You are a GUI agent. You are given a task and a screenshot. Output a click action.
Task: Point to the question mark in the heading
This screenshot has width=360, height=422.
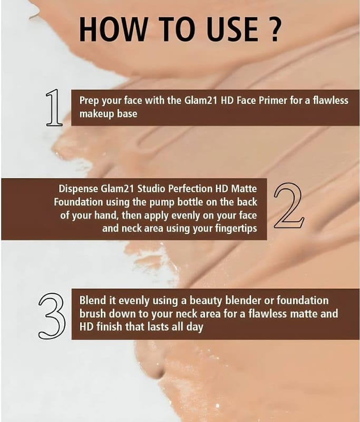coord(275,29)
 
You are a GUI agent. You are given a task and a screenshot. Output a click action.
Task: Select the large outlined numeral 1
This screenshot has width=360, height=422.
coord(54,108)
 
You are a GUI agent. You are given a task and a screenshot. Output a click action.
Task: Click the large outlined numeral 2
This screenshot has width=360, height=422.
coord(289,206)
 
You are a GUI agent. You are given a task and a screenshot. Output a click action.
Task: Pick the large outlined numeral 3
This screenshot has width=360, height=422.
coord(52,316)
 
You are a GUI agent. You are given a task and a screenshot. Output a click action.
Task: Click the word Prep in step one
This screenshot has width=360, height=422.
coord(90,101)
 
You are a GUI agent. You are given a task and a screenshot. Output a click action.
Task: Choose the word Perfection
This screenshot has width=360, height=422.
coord(190,188)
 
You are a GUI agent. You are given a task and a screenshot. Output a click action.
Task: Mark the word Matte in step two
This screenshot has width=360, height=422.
coord(244,188)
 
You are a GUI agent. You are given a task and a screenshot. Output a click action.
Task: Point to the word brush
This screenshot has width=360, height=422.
coord(92,313)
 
